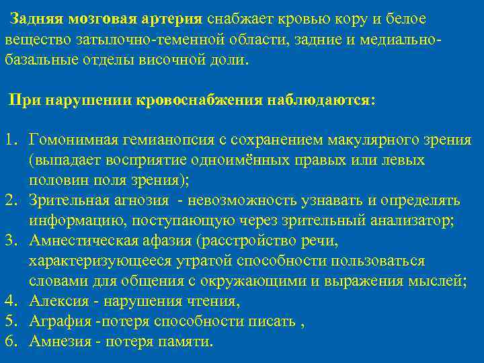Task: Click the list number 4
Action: [10, 301]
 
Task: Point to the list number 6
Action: [10, 341]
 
